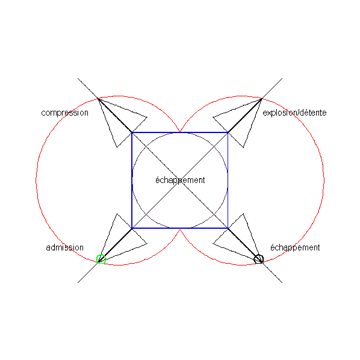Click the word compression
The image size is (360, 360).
[x=64, y=113]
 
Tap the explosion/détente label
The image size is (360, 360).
[x=294, y=113]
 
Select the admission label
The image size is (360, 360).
[x=65, y=247]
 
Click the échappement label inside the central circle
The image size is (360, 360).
[x=180, y=180]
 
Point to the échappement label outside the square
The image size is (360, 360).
[x=295, y=248]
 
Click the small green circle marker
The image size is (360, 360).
[x=101, y=259]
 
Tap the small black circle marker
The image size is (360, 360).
[x=258, y=259]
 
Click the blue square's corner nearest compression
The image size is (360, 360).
[x=132, y=132]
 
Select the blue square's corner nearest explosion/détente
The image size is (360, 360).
[x=228, y=132]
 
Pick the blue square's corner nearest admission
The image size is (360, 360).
[x=132, y=228]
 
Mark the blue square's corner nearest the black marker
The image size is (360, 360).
[x=228, y=228]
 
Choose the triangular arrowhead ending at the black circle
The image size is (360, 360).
[x=240, y=240]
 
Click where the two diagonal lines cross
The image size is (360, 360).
[x=180, y=181]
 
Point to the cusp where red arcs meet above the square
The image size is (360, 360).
[x=180, y=131]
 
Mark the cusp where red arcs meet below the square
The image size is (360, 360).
[x=180, y=229]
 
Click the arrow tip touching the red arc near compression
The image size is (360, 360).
[x=99, y=99]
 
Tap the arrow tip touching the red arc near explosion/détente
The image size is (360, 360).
[x=261, y=99]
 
